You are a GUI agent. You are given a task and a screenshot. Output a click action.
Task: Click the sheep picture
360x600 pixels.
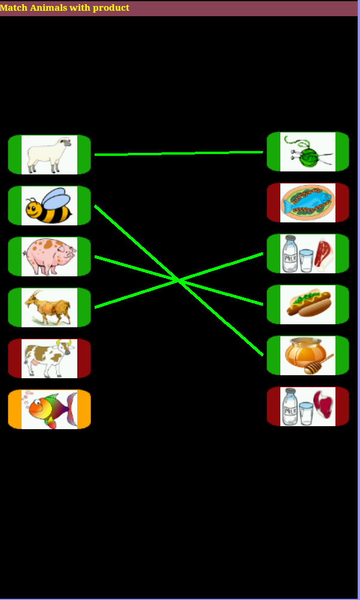coord(49,155)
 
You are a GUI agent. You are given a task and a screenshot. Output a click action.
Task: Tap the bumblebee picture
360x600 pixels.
coord(49,206)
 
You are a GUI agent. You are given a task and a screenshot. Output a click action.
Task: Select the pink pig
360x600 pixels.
coord(49,256)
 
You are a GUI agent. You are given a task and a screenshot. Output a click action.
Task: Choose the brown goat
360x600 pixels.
coord(49,307)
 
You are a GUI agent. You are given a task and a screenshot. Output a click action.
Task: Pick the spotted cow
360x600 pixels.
coord(49,358)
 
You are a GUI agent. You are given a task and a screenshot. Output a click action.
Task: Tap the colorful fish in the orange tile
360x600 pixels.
coord(49,409)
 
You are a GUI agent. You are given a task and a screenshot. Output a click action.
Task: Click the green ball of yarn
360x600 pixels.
coord(308,152)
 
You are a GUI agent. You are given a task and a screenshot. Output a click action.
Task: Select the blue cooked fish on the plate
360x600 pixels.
coord(308,203)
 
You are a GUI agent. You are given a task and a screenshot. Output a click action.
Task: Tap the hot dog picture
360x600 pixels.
coord(308,304)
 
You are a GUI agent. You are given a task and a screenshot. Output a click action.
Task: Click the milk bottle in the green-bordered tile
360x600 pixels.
coord(290,253)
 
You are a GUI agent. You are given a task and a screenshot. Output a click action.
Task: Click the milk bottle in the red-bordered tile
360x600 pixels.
coord(290,406)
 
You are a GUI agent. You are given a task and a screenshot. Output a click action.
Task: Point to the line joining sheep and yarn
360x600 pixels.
coord(180,153)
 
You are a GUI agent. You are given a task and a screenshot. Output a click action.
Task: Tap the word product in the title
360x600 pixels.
coord(111,8)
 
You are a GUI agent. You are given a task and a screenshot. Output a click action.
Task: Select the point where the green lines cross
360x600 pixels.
coord(179,280)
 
